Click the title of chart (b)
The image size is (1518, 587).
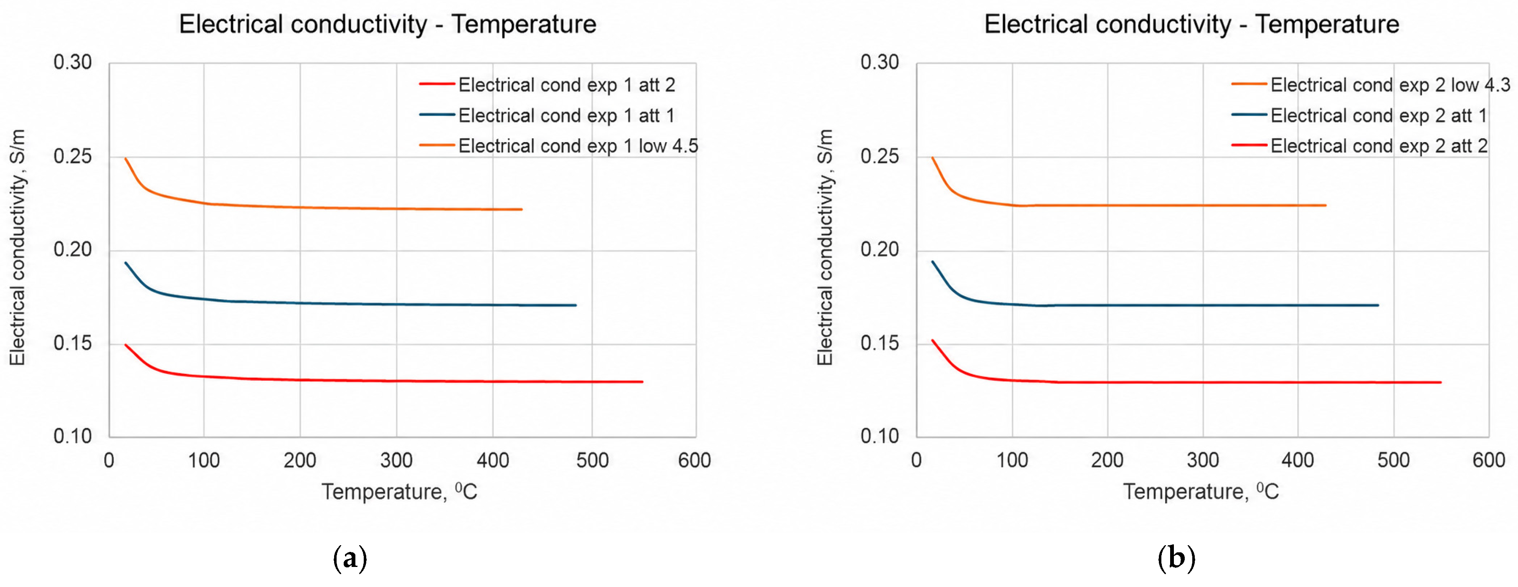1191,24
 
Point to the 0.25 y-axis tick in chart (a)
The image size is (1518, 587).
73,156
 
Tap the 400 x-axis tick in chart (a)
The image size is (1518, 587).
493,460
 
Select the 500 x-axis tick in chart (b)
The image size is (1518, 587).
1393,460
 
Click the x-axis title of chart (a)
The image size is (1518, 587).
399,491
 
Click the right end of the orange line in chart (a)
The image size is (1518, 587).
522,209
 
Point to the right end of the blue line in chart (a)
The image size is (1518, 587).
576,305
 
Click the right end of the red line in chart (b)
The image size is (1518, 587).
1441,383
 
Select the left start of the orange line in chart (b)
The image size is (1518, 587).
932,158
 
